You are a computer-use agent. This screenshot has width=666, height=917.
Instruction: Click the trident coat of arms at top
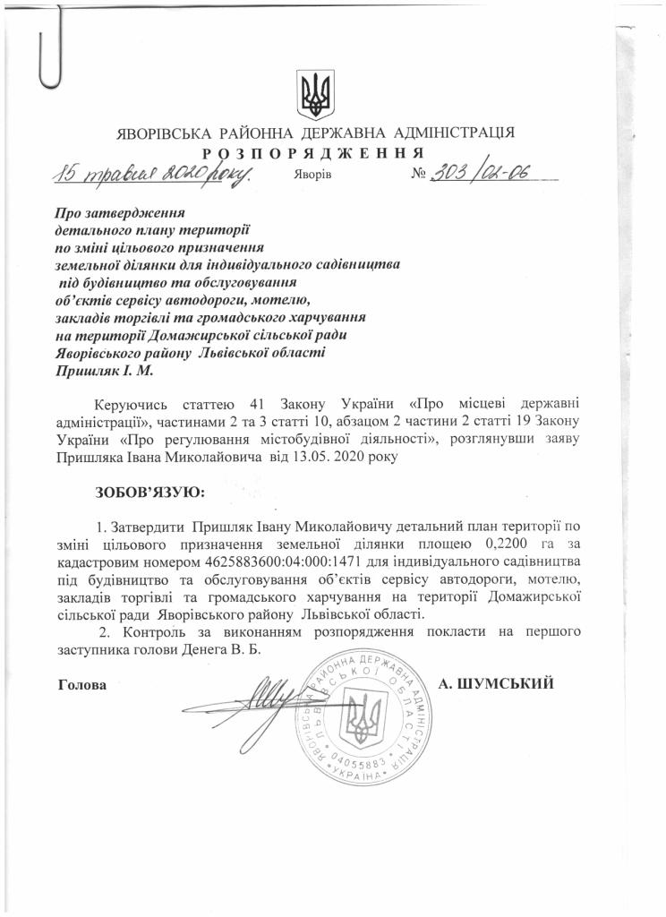pos(313,94)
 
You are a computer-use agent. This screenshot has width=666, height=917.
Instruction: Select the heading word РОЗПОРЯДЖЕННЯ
pos(312,151)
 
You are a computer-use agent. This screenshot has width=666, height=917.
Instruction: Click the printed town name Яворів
pos(312,174)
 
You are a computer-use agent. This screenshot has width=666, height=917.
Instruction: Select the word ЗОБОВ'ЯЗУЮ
pos(149,492)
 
